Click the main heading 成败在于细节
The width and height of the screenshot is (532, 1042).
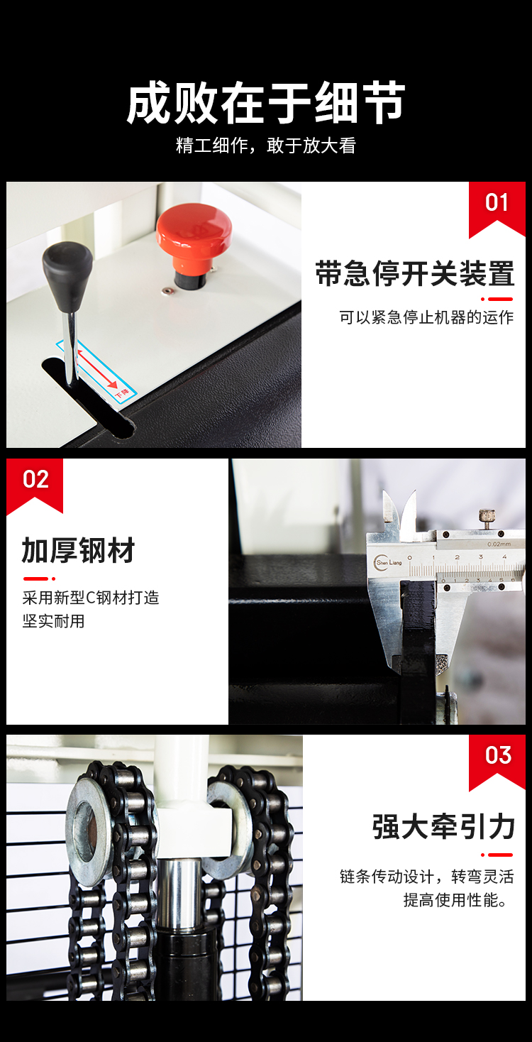coord(266,103)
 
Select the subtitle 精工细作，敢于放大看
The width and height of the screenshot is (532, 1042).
coord(266,146)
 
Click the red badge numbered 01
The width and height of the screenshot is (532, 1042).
coord(497,209)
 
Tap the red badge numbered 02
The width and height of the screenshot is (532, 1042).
coord(35,485)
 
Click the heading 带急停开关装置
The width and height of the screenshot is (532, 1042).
coord(415,273)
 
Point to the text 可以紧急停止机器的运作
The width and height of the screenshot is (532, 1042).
coord(426,317)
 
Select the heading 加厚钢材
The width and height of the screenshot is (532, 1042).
coord(78,550)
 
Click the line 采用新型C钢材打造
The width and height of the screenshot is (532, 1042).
coord(91,598)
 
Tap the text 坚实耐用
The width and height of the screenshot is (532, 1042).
coord(53,622)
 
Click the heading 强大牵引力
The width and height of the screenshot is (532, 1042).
coord(443,827)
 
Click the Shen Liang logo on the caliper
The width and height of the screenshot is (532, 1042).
coord(388,562)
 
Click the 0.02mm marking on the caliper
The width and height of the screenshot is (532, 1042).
coord(499,544)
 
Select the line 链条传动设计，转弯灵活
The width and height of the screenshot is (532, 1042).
coord(427,877)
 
